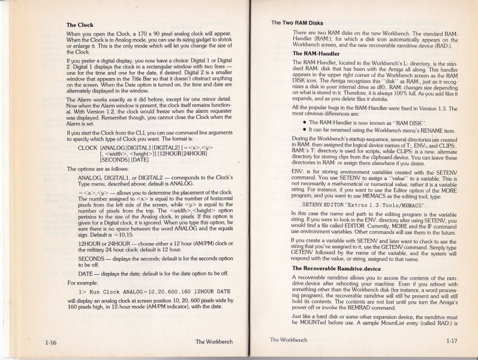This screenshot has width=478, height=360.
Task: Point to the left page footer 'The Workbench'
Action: (x=217, y=342)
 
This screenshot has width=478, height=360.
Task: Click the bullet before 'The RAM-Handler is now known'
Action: (x=305, y=122)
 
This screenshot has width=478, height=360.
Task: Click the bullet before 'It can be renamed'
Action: (x=305, y=130)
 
